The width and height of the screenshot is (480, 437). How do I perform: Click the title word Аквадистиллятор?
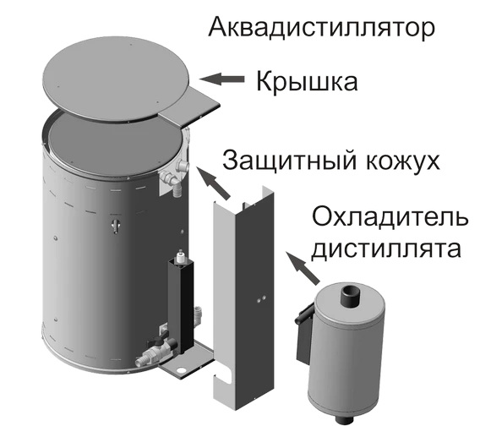pos(321,28)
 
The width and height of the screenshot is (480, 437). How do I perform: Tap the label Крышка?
pos(307,82)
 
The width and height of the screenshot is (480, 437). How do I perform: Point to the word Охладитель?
pos(390,217)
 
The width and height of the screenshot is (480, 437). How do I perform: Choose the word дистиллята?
pos(386,249)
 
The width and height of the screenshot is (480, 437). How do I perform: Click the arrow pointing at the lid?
pos(221,79)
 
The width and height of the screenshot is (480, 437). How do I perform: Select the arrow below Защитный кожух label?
pos(213,183)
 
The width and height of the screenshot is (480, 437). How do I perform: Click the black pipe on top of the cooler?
pos(350,295)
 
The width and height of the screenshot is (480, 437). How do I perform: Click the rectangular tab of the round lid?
pos(190,109)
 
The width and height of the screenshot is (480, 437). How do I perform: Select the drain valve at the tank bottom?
pos(158,349)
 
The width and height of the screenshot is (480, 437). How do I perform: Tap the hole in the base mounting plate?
pos(182,370)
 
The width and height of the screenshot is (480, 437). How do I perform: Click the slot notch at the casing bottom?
pos(224,379)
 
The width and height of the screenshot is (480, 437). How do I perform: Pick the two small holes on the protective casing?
pos(261,299)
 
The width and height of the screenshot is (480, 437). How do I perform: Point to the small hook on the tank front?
pos(117,226)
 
